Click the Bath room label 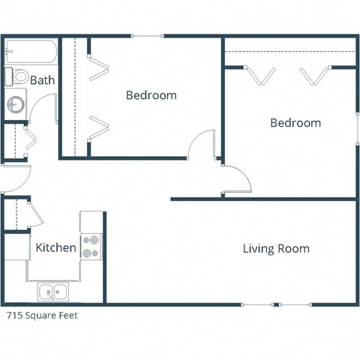[x=41, y=80]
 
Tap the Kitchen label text [x=55, y=247]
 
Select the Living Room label [x=276, y=249]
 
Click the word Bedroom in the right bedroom [x=295, y=123]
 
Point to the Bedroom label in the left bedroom [x=151, y=95]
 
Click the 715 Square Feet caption [x=43, y=316]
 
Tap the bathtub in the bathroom [x=30, y=52]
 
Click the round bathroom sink [x=15, y=104]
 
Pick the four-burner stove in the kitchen [x=91, y=247]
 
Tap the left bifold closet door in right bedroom [x=262, y=76]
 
